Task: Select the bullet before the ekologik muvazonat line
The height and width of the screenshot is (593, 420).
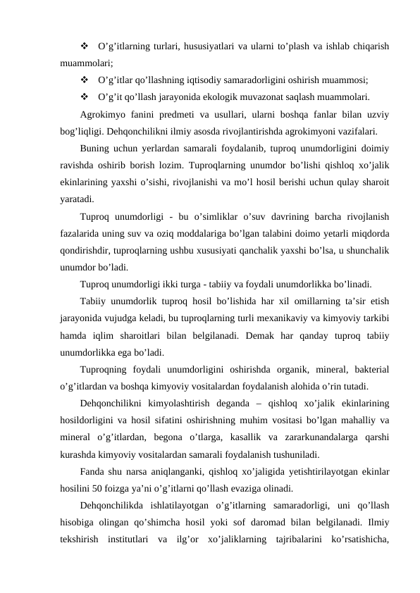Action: click(85, 96)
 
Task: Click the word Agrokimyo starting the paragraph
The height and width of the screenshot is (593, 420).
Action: click(102, 113)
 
